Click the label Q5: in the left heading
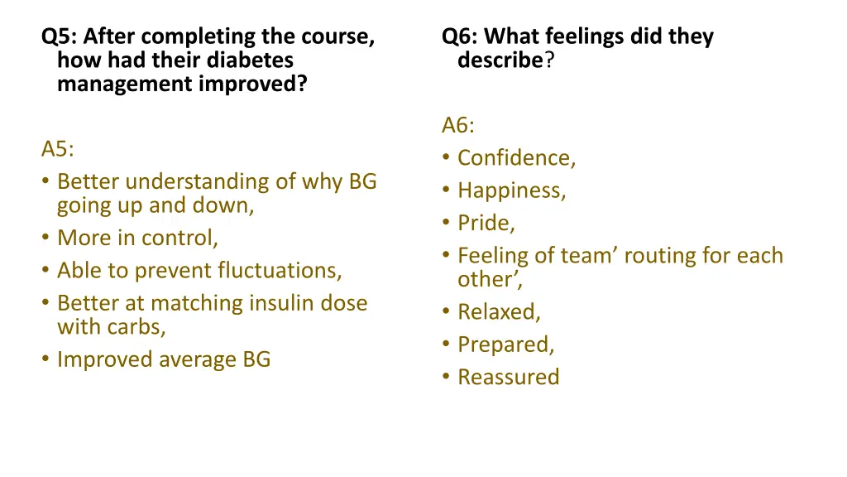point(59,36)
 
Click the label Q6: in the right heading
point(459,36)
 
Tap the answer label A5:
point(58,149)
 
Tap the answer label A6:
point(458,126)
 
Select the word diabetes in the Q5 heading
point(251,60)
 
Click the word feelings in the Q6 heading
point(582,36)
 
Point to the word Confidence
point(515,158)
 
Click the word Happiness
point(510,190)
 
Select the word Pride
point(486,223)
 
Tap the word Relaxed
point(498,312)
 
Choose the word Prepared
point(505,344)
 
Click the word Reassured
point(508,377)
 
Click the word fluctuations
point(280,271)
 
